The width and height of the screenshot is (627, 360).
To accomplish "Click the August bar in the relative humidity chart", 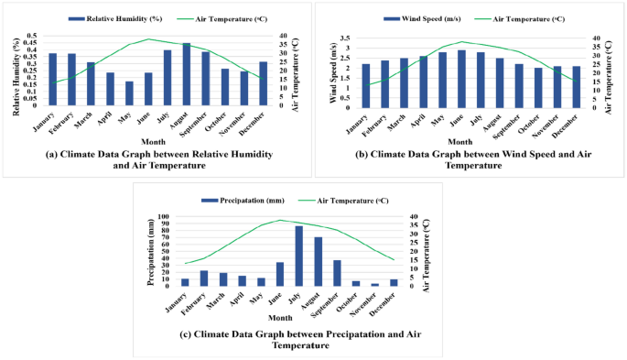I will point(187,74).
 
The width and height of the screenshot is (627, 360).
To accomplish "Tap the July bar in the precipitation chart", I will point(298,256).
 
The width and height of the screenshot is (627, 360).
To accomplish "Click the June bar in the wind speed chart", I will point(461,79).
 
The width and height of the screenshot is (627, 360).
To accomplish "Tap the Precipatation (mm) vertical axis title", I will point(152,252).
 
